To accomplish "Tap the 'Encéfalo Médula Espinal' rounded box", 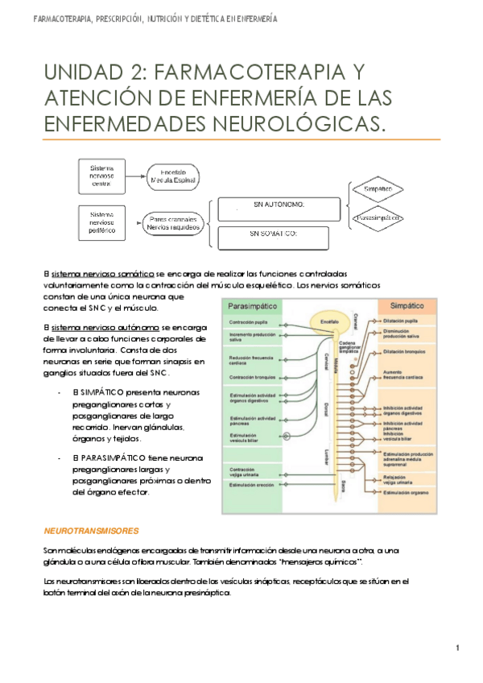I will point(171,177).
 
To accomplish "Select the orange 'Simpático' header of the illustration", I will point(407,307).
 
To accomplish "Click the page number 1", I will point(456,648).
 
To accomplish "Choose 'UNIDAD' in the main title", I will point(83,75).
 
